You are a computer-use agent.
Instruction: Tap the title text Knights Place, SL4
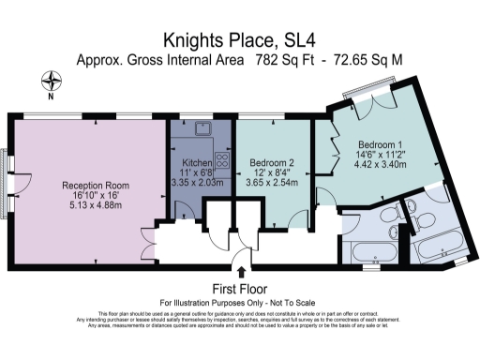pos(239,39)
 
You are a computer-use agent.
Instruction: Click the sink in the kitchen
pos(202,128)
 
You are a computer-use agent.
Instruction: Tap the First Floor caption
pos(240,289)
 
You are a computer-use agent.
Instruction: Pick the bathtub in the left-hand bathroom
pos(374,251)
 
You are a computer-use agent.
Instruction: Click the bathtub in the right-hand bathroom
pos(442,249)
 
